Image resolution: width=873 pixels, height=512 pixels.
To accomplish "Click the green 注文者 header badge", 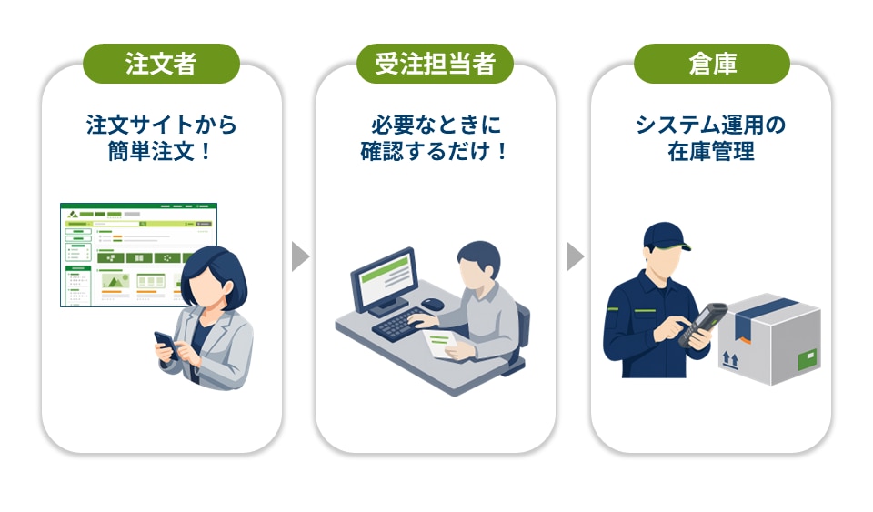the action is click(162, 64).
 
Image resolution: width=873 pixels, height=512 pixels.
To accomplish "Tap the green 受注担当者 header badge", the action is click(435, 64).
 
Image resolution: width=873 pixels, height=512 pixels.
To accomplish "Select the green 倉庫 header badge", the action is click(712, 64).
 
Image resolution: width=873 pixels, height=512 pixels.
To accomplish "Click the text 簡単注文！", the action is click(160, 151).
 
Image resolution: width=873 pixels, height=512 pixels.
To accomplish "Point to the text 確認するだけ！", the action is click(435, 151).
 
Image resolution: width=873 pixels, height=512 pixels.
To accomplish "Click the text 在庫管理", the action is click(711, 151).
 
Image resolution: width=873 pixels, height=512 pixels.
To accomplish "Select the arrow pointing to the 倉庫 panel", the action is click(575, 256).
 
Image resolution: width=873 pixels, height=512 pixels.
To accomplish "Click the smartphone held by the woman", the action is click(166, 346).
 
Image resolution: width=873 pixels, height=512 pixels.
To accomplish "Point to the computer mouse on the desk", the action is click(433, 304).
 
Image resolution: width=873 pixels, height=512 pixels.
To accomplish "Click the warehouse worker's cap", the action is click(665, 236).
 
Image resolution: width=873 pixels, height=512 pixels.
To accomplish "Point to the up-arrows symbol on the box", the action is click(730, 360).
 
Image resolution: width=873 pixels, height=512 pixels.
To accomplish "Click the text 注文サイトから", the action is click(162, 125).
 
